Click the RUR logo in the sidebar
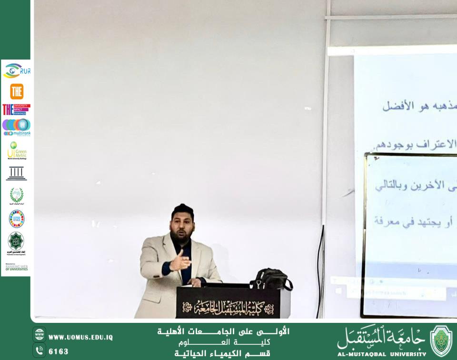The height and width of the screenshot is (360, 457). pyautogui.click(x=17, y=71)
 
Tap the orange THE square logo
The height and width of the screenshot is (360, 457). pyautogui.click(x=17, y=91)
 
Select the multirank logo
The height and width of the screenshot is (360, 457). pyautogui.click(x=17, y=127)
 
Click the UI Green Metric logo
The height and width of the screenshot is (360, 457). pyautogui.click(x=17, y=150)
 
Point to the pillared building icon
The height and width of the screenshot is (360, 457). pyautogui.click(x=17, y=173)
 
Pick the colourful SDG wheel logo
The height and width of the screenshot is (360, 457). pyautogui.click(x=17, y=219)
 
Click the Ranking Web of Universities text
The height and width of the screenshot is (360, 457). pyautogui.click(x=17, y=267)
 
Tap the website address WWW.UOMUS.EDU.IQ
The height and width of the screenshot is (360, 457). pyautogui.click(x=80, y=337)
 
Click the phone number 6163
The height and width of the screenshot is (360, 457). pyautogui.click(x=59, y=351)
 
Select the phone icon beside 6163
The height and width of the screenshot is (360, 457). pyautogui.click(x=40, y=350)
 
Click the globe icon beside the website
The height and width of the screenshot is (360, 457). pyautogui.click(x=40, y=334)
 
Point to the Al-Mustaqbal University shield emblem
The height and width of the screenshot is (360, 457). pyautogui.click(x=441, y=340)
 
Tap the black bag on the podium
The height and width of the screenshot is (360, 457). pyautogui.click(x=270, y=279)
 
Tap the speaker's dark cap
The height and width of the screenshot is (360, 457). pyautogui.click(x=182, y=209)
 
